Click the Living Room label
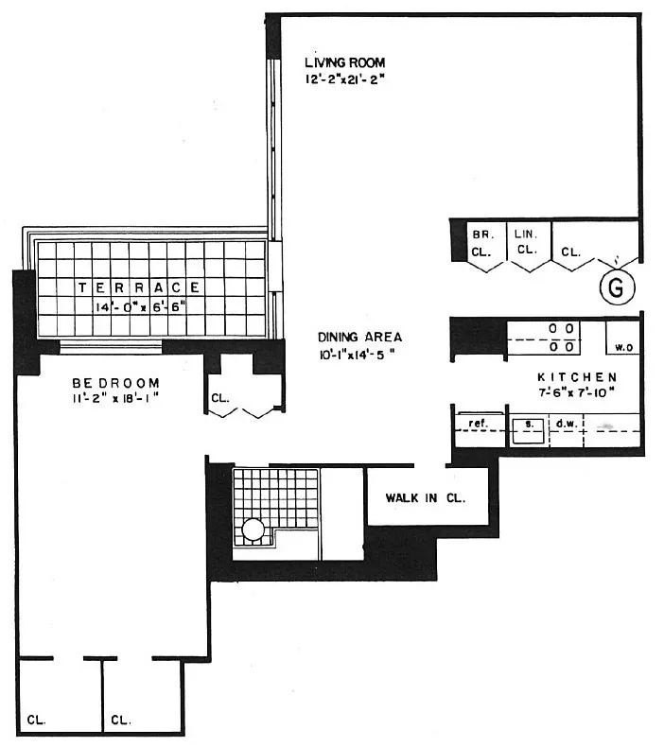tap(344, 62)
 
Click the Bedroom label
tap(116, 383)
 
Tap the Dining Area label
tap(359, 338)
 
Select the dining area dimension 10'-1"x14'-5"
tap(357, 356)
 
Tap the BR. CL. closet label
tap(481, 242)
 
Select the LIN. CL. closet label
tap(525, 242)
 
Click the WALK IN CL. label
tap(425, 497)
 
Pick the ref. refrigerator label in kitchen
tap(477, 424)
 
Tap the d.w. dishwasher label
tap(565, 424)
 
